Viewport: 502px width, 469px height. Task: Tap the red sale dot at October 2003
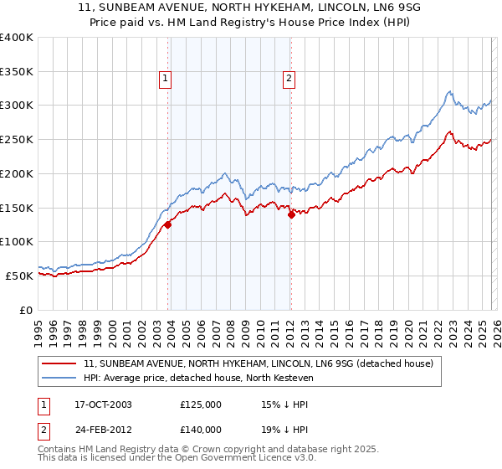tap(168, 224)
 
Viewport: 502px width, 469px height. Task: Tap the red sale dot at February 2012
tap(291, 214)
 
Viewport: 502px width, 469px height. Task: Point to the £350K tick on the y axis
tap(17, 72)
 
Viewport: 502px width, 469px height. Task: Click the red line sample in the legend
tap(59, 364)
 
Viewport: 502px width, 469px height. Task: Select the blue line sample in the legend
tap(59, 379)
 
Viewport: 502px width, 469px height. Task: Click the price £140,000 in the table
tap(201, 429)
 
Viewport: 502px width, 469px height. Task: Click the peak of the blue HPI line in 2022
tap(449, 91)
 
